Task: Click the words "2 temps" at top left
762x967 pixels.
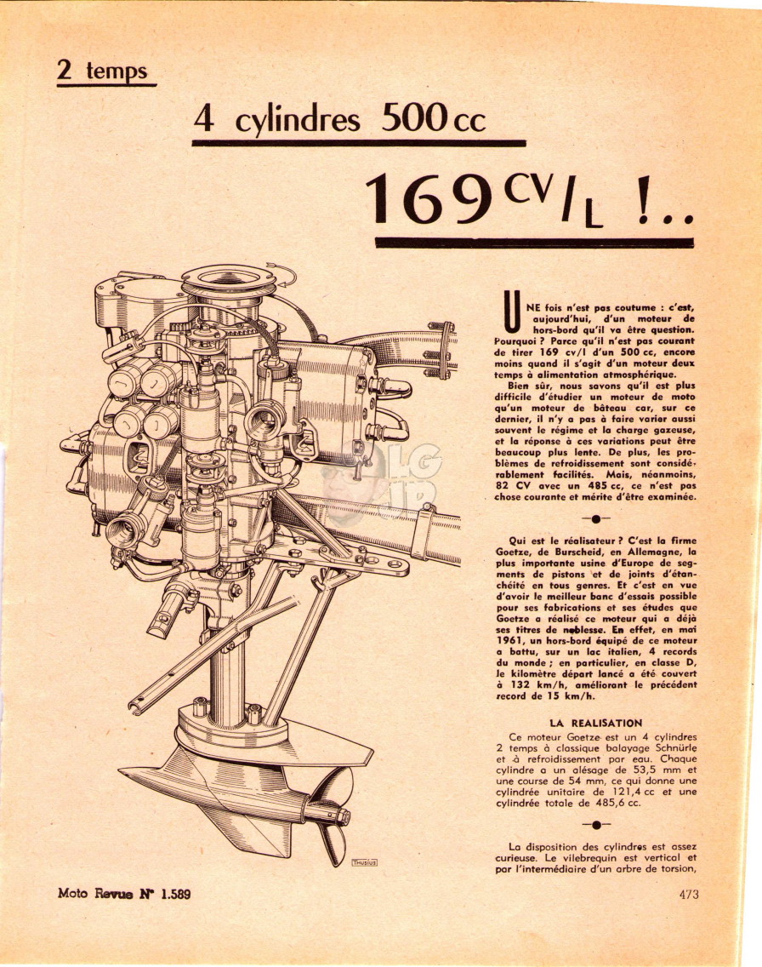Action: coord(102,70)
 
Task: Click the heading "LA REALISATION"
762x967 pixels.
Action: coord(595,724)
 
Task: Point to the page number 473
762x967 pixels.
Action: coord(689,894)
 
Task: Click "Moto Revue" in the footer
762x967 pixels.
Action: coord(95,893)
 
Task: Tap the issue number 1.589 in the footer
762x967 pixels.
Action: coord(175,893)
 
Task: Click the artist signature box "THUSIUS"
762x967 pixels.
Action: coord(364,862)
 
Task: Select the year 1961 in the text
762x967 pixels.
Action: coord(509,641)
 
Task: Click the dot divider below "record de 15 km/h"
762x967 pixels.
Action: coord(595,825)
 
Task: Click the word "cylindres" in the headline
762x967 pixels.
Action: coord(297,120)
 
